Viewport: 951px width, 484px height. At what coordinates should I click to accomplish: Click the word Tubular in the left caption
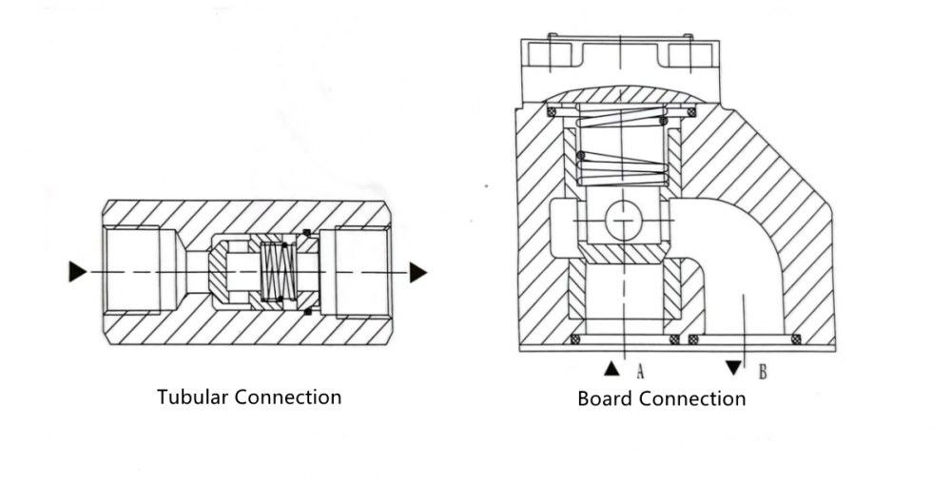click(193, 397)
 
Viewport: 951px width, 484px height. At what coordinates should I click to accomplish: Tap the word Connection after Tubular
click(287, 397)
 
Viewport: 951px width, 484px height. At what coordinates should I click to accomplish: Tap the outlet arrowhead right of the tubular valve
click(417, 272)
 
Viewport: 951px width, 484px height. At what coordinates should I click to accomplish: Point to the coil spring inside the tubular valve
click(276, 273)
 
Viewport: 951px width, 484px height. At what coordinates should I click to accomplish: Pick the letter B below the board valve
click(762, 370)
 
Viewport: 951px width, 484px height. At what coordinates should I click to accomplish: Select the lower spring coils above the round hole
click(622, 168)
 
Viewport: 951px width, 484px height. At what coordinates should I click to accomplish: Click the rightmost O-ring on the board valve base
click(796, 339)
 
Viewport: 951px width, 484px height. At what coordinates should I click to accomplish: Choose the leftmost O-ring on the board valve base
click(573, 339)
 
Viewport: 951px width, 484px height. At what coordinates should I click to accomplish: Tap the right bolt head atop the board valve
click(688, 52)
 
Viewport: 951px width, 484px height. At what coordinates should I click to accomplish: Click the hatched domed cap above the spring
click(619, 95)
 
